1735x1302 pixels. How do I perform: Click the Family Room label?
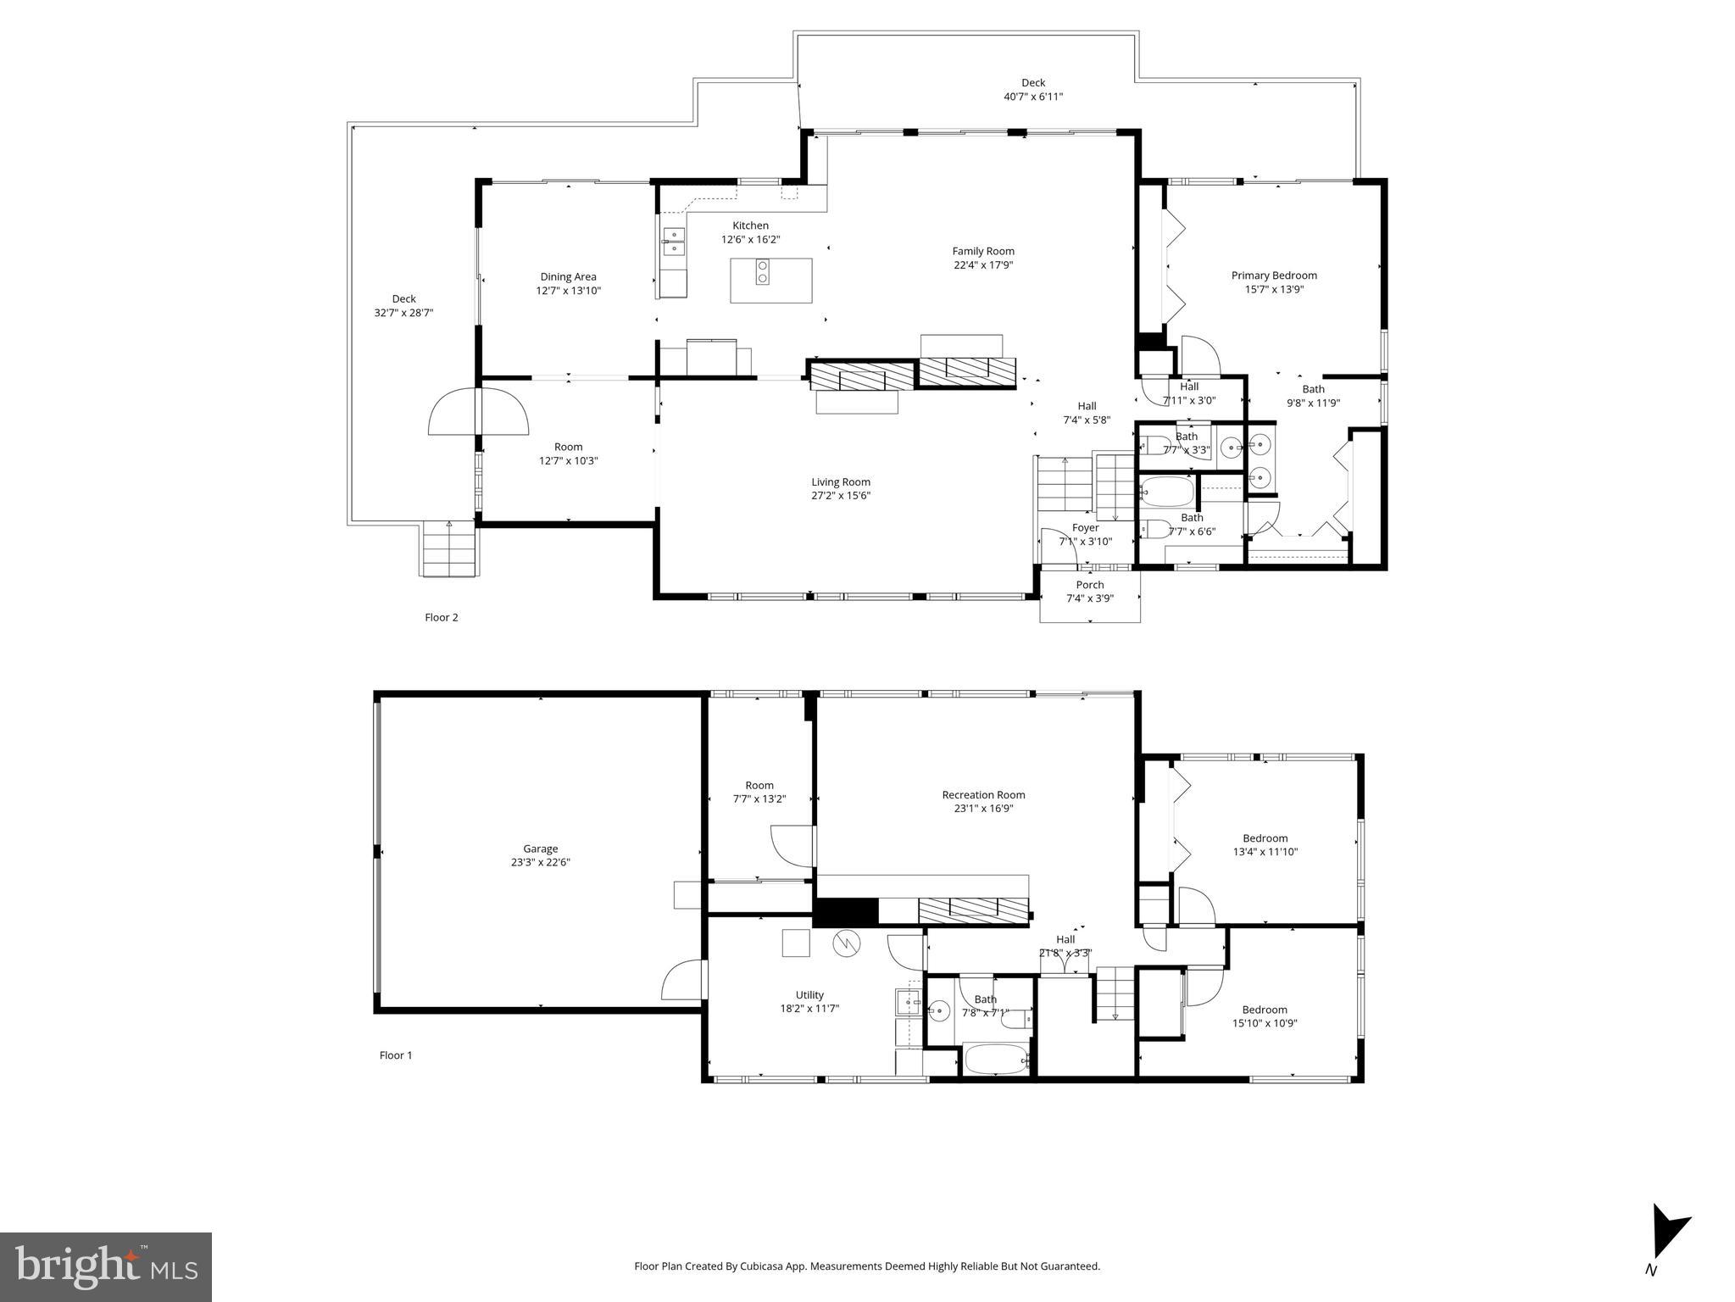[982, 251]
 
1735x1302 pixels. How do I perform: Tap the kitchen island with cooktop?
[770, 280]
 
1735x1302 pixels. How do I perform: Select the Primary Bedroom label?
[1273, 275]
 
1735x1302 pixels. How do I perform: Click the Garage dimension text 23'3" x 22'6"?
[540, 862]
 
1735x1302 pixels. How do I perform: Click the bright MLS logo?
[106, 1266]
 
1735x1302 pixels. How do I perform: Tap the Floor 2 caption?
[441, 617]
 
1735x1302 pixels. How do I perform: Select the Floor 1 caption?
[395, 1055]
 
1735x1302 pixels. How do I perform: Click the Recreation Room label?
[983, 795]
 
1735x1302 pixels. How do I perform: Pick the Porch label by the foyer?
[1089, 585]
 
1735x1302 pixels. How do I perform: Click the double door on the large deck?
[479, 411]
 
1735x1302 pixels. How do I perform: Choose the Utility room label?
[809, 995]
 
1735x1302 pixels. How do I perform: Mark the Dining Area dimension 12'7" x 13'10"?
[568, 291]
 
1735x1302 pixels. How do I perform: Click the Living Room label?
[840, 482]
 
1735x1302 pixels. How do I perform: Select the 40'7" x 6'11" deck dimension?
[1032, 97]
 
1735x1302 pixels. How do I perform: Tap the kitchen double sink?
[673, 241]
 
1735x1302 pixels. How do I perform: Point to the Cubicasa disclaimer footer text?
[866, 1266]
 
